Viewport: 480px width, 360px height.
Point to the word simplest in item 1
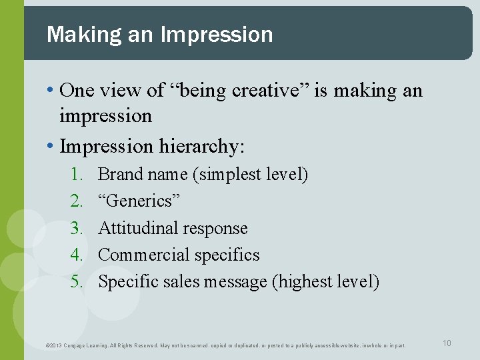(x=227, y=175)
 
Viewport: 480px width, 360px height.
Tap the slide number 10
(x=447, y=343)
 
